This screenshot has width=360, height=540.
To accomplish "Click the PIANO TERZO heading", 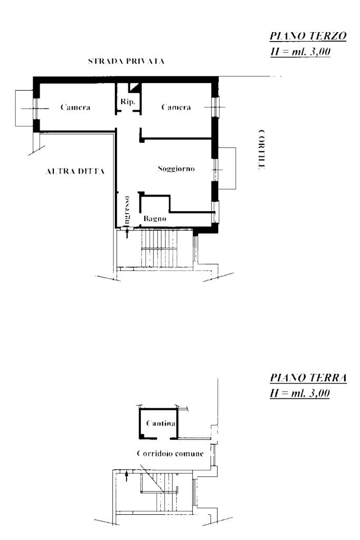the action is point(308,36).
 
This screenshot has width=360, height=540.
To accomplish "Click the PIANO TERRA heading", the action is point(308,378).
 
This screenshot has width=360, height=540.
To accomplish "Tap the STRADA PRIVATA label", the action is point(126,61).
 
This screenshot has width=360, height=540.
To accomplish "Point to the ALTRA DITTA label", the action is point(75,171).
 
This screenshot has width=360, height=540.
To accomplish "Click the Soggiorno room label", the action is point(176,169).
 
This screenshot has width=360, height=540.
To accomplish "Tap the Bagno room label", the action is point(154,219).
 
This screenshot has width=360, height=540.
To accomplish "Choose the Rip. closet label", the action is point(128,102).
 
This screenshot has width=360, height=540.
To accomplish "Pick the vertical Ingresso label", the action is point(127,210).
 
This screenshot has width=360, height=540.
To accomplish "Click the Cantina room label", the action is point(161,423).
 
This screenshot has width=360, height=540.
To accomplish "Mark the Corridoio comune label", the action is point(170,454).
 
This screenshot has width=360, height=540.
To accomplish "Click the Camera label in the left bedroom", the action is point(75,107).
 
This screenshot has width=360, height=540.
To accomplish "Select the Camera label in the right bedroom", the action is point(176,107).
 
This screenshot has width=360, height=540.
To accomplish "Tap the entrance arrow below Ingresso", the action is point(128,233).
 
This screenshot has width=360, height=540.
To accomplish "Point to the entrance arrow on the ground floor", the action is point(127,477).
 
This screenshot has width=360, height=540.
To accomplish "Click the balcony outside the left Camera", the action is point(24,108).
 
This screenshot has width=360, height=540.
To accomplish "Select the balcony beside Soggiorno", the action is point(227,169).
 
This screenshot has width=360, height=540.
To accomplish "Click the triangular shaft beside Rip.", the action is point(135,87).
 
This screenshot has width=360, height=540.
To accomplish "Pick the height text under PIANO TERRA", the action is point(300,394).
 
